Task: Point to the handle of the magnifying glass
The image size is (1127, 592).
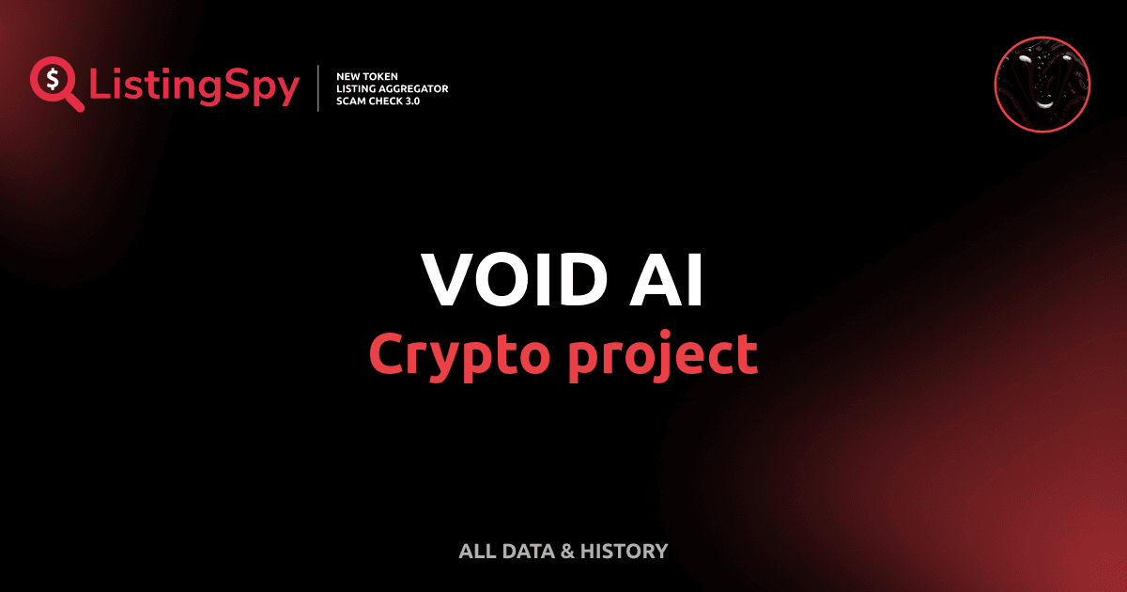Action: [73, 101]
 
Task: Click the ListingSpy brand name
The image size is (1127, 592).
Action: [194, 87]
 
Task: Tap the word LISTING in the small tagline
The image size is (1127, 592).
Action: [356, 88]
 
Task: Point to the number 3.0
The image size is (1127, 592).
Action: [410, 101]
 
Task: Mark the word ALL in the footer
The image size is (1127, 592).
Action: [475, 552]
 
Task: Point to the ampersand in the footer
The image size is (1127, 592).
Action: [566, 552]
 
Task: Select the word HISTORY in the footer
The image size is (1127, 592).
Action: [624, 552]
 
